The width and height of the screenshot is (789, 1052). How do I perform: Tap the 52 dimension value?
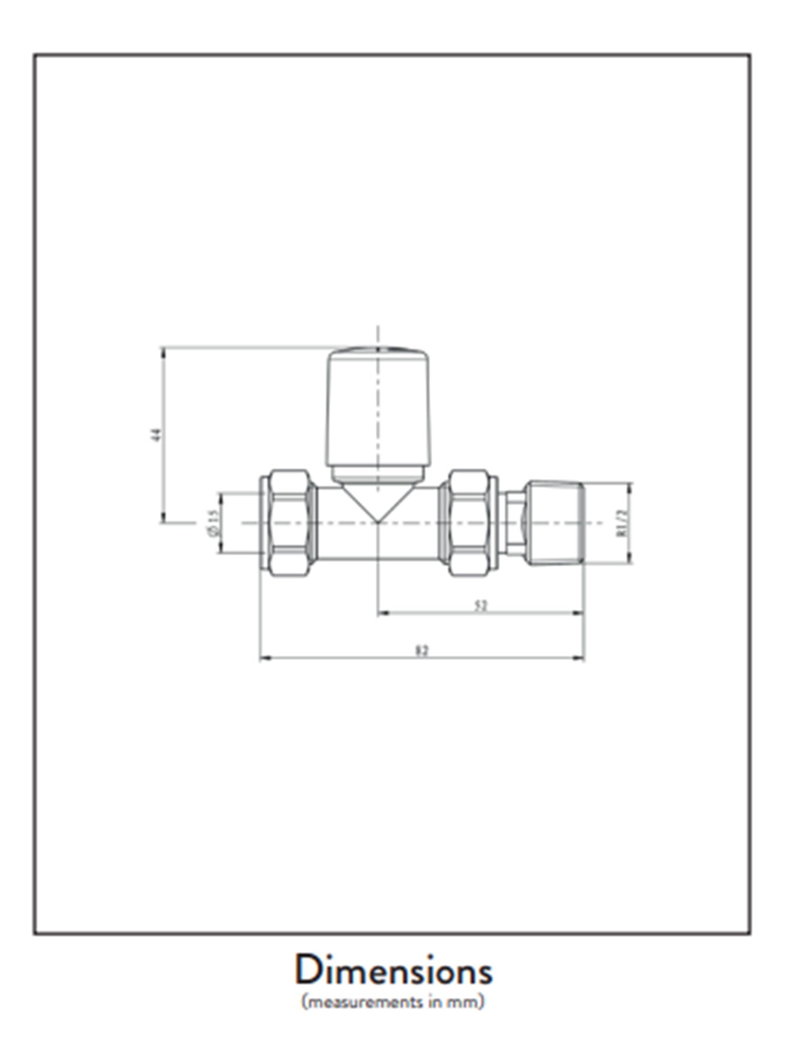tap(481, 606)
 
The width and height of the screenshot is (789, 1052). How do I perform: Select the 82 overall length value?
tap(422, 651)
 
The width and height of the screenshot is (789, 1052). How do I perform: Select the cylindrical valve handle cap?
tap(378, 410)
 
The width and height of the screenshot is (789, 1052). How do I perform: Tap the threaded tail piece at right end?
tap(557, 522)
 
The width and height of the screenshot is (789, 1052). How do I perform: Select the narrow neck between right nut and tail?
tap(512, 522)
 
